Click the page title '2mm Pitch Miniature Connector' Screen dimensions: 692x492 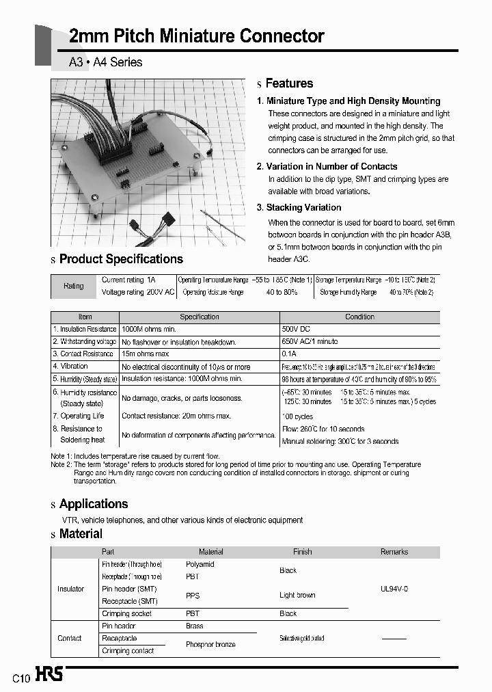(x=197, y=36)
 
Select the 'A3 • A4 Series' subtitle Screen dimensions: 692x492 (x=106, y=62)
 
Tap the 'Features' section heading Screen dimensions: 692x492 (x=288, y=83)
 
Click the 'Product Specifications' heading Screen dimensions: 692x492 (x=121, y=259)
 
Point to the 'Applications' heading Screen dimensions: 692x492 (x=94, y=504)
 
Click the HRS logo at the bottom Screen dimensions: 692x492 (x=49, y=676)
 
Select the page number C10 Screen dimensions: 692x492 (x=20, y=678)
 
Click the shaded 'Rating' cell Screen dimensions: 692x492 (x=74, y=286)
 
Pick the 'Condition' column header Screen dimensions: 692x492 (x=359, y=317)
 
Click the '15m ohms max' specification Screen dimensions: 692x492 (x=145, y=354)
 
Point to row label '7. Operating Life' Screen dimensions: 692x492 (x=79, y=416)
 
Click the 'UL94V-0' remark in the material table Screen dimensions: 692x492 (x=394, y=588)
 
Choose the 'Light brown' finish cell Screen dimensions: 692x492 (x=297, y=595)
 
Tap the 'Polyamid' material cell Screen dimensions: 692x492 (x=200, y=564)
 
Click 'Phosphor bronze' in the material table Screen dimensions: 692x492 (x=210, y=644)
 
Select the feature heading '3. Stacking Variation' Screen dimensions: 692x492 (x=299, y=207)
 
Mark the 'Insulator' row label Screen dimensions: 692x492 (x=71, y=589)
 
